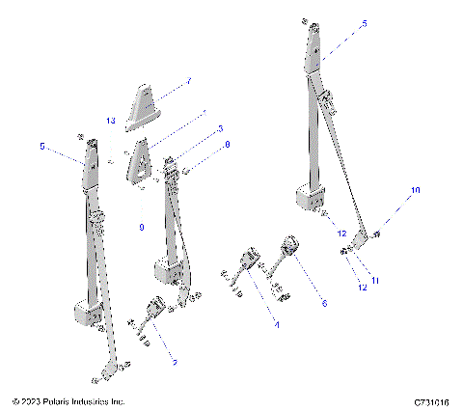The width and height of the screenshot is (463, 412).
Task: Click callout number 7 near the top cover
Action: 189,81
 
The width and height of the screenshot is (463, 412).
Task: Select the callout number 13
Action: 111,121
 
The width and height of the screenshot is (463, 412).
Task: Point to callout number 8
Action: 227,145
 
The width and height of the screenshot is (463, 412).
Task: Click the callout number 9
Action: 142,228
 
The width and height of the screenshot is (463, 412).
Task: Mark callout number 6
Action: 324,303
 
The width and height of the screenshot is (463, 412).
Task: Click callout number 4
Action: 276,326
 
